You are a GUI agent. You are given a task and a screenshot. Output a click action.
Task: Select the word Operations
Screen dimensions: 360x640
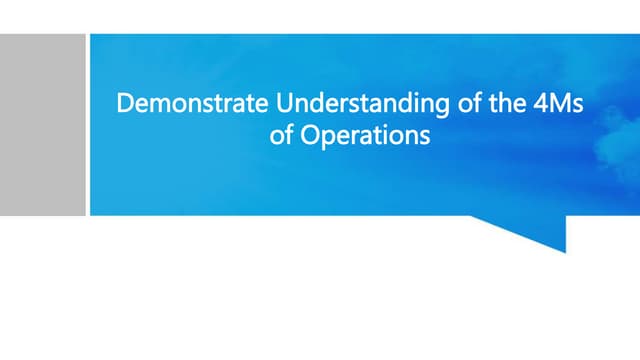pyautogui.click(x=363, y=134)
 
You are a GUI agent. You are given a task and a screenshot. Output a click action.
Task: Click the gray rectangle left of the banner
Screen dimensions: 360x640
pyautogui.click(x=42, y=124)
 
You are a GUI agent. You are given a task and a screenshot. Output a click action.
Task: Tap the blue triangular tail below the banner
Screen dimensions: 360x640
pyautogui.click(x=540, y=231)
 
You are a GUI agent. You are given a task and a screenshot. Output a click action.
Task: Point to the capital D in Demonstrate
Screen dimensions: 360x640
pyautogui.click(x=125, y=103)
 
